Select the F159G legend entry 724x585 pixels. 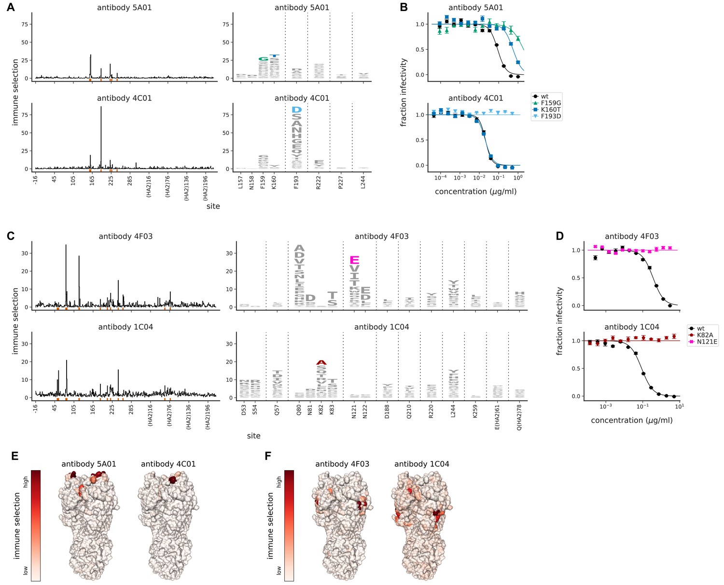[x=551, y=103]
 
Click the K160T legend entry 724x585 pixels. [x=551, y=110]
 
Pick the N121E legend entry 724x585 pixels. [x=707, y=342]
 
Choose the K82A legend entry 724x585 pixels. [x=705, y=335]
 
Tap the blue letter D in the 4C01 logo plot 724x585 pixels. [x=296, y=110]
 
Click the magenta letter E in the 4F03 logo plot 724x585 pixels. [x=354, y=260]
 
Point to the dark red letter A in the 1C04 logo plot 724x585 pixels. [x=321, y=362]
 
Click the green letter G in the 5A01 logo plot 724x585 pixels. [x=263, y=59]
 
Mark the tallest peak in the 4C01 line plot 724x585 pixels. [x=101, y=107]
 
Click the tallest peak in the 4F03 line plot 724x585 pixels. [x=66, y=246]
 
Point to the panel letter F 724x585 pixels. [x=268, y=456]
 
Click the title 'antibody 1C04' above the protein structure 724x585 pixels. [x=421, y=464]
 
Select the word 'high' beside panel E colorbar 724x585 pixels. [x=26, y=482]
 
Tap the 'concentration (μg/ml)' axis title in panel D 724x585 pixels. [x=631, y=420]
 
